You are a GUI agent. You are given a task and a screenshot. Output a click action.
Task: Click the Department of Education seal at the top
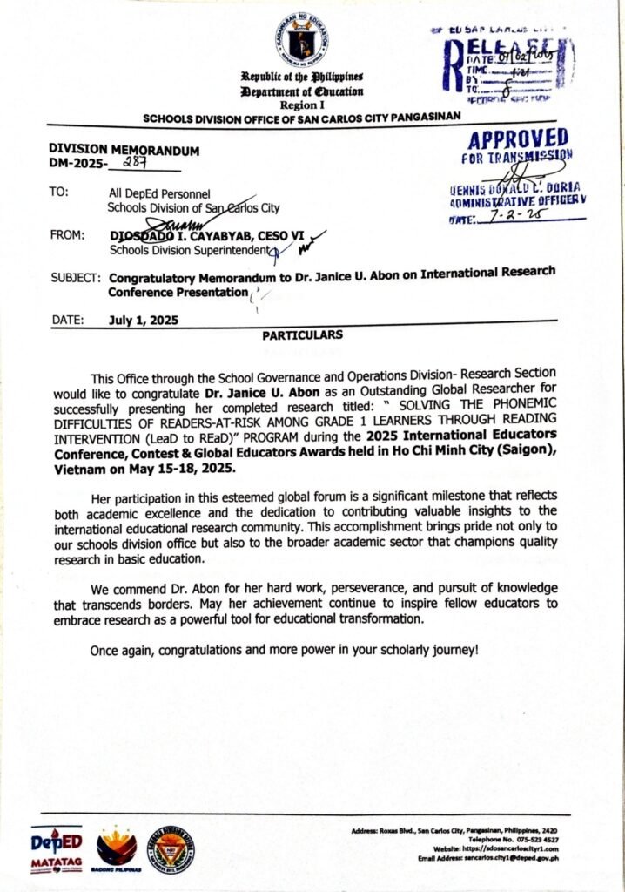point(302,38)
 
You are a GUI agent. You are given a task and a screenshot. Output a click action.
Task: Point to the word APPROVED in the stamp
point(517,139)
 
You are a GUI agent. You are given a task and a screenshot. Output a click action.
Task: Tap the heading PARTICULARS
point(302,334)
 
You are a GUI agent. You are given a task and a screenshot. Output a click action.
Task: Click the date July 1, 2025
point(144,320)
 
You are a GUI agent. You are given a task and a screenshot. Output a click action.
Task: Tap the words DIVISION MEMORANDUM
point(124,150)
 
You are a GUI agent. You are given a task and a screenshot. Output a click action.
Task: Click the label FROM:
point(68,236)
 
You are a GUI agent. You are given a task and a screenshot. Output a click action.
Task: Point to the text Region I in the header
point(302,104)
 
